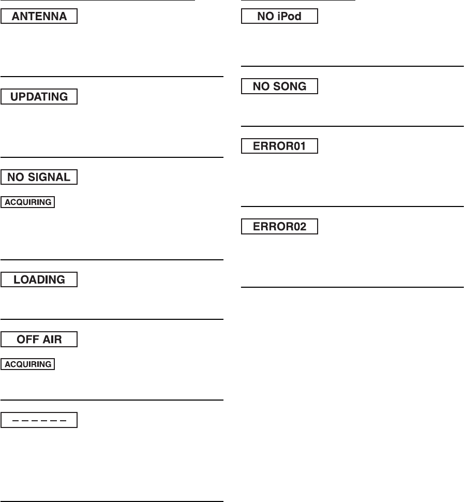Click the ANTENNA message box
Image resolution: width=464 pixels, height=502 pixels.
click(39, 17)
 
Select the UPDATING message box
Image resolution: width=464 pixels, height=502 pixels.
click(39, 97)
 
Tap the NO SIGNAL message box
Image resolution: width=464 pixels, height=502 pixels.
click(39, 178)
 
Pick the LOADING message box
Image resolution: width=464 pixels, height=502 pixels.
click(39, 279)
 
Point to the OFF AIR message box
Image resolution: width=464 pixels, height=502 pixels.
click(39, 339)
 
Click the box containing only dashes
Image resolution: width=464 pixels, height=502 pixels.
click(39, 420)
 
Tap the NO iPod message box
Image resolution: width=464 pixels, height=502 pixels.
click(280, 17)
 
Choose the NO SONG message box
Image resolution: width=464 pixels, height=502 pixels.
click(280, 87)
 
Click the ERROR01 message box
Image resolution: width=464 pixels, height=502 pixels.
click(280, 146)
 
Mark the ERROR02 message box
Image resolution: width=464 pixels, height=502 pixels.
click(280, 227)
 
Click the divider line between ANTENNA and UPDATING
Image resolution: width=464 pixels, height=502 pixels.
click(112, 77)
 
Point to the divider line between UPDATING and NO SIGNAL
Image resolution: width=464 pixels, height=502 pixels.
click(112, 157)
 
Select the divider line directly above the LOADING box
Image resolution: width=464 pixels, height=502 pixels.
click(112, 259)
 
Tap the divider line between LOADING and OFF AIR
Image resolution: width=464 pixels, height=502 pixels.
click(112, 319)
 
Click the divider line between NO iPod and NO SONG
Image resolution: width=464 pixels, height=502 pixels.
click(352, 66)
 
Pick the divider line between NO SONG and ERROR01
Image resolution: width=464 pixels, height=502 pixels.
click(352, 126)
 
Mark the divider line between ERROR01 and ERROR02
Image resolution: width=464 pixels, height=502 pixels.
click(352, 207)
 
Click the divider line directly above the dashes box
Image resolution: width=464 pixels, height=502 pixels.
click(112, 400)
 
